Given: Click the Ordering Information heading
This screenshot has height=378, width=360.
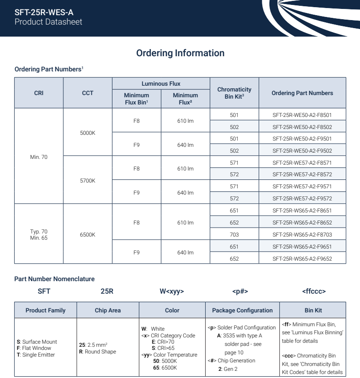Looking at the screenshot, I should click(180, 53).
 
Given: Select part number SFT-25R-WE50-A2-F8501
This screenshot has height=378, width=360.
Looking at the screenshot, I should click(302, 115).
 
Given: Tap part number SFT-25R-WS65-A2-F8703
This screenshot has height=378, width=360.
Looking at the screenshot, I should click(302, 235).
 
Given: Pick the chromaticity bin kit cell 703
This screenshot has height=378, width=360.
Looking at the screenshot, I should click(234, 235).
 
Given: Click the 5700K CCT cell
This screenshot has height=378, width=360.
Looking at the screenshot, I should click(87, 181).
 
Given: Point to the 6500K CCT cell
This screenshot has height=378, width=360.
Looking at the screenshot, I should click(87, 235).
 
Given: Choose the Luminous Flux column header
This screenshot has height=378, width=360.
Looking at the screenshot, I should click(161, 83).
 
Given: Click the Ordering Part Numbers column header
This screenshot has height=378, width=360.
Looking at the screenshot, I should click(302, 93).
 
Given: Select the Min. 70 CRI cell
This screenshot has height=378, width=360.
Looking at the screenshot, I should click(39, 157).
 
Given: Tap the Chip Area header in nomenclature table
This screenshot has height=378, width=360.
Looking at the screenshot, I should click(108, 310).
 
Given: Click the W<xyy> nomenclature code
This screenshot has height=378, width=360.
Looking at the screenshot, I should click(172, 291).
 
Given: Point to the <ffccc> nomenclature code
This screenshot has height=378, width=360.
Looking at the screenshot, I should click(314, 291).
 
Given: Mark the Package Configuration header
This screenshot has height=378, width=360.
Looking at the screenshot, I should click(242, 310).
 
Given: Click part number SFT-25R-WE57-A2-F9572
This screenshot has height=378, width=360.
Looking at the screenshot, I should click(302, 199).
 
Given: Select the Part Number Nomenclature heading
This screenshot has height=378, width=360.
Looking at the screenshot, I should click(54, 279).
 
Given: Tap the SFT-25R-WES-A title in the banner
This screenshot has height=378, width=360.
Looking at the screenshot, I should click(44, 12).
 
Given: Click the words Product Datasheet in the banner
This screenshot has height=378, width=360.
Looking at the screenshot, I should click(48, 22).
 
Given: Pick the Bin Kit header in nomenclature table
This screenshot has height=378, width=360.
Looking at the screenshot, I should click(312, 310).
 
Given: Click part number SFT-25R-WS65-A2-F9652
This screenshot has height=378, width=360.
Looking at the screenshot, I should click(302, 258).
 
